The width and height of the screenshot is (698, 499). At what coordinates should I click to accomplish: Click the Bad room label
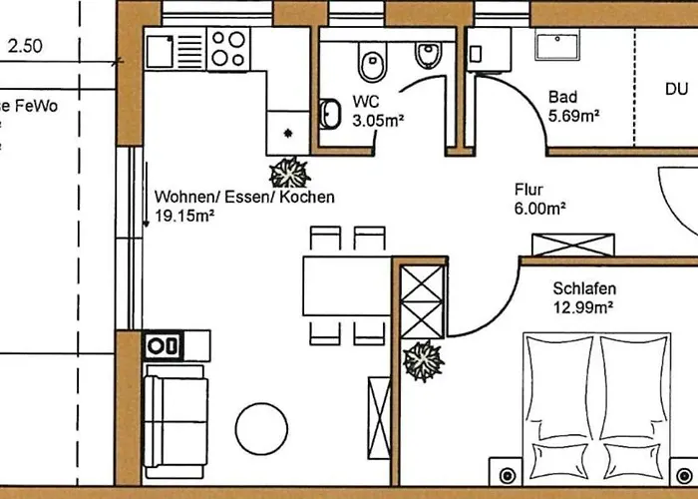click(562, 97)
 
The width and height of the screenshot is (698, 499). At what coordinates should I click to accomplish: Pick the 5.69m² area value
click(573, 116)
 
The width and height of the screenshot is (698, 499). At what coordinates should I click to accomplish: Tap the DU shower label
click(677, 89)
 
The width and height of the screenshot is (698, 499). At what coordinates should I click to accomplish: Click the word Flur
click(527, 189)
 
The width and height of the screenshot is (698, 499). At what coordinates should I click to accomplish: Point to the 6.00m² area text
click(539, 208)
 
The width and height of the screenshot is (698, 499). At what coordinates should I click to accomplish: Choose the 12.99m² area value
click(581, 307)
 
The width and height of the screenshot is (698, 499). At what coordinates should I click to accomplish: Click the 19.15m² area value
click(185, 216)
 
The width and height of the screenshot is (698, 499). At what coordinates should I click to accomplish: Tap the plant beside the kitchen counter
click(290, 174)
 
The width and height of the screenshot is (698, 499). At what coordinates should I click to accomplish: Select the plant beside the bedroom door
click(423, 359)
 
